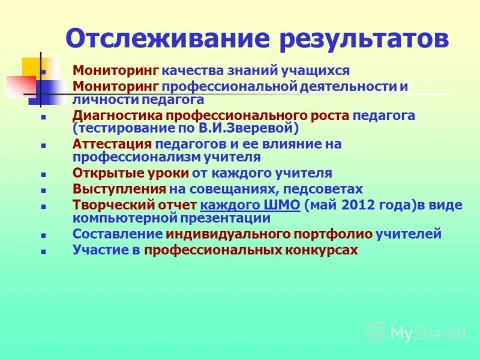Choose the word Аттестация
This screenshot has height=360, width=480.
click(112, 144)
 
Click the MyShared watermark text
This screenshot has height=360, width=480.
click(427, 333)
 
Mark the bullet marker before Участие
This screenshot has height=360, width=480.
click(43, 251)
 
